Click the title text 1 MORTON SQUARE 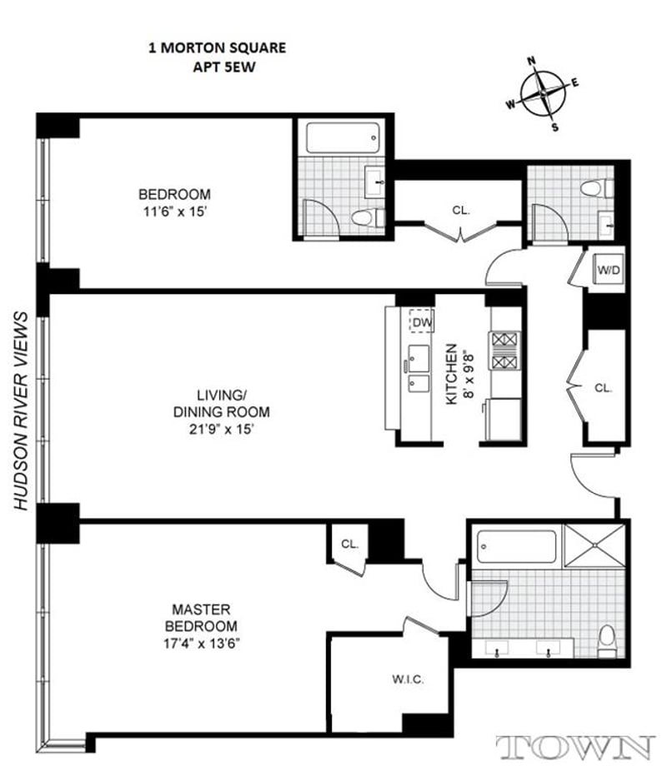[216, 47]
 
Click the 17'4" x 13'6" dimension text [201, 642]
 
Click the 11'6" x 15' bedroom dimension [174, 211]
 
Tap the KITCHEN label [450, 375]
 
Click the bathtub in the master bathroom [516, 547]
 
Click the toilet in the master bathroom [607, 639]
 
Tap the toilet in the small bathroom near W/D [594, 187]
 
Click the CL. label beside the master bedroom [349, 545]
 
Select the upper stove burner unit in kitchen [504, 340]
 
